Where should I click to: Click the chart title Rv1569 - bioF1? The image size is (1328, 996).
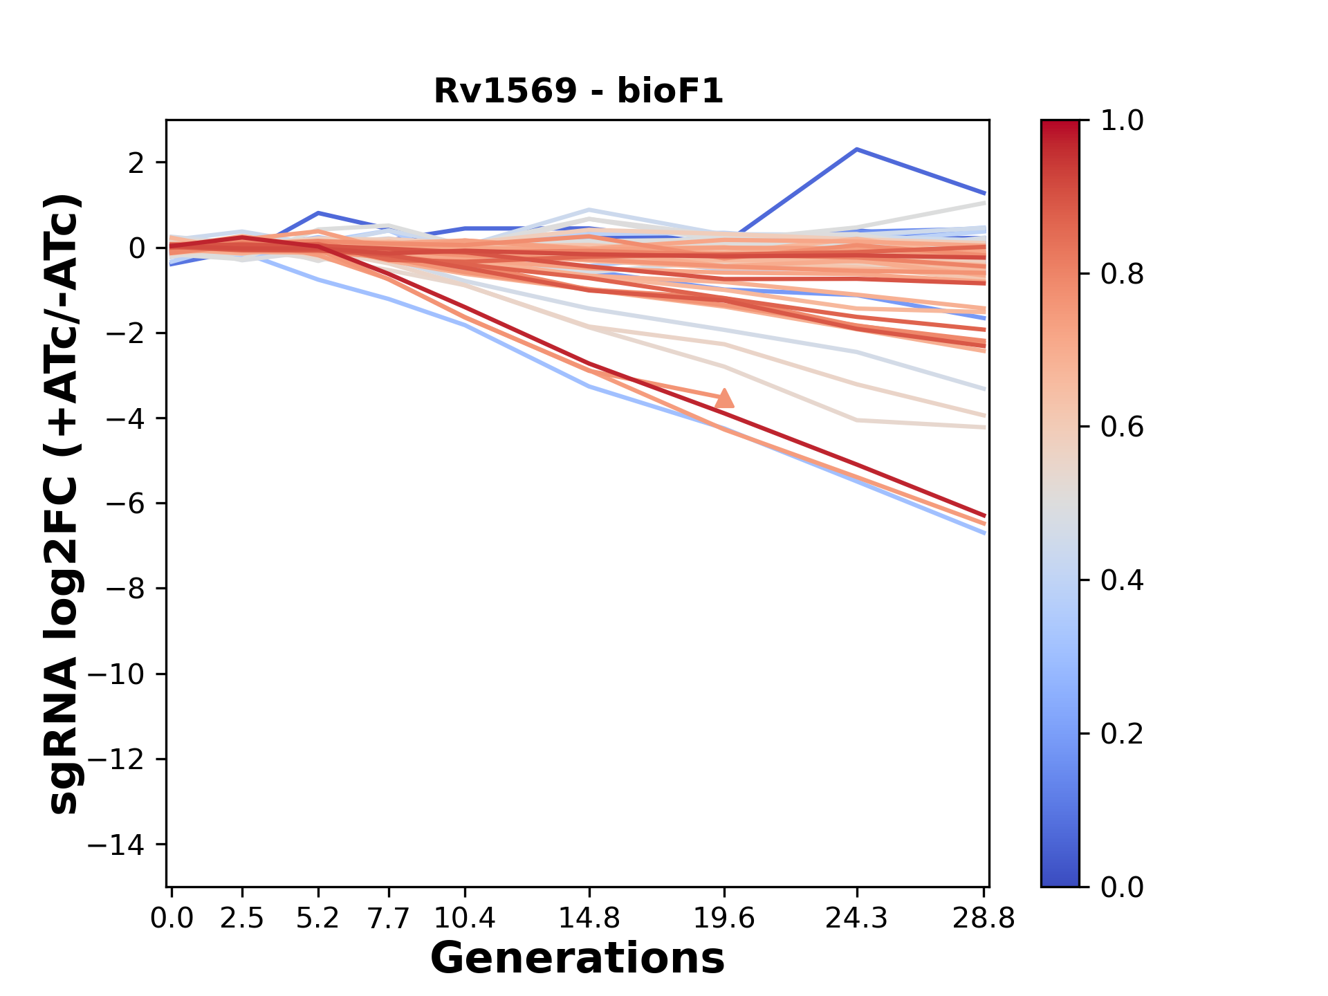(x=578, y=91)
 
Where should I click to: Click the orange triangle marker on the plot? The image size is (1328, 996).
(x=724, y=398)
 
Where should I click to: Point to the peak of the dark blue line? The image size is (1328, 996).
(x=857, y=149)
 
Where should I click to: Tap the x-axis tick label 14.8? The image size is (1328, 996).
(x=589, y=919)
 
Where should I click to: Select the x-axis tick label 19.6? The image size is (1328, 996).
(x=724, y=919)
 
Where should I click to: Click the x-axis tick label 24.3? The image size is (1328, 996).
(x=857, y=919)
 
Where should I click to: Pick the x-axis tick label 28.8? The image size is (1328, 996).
(x=984, y=919)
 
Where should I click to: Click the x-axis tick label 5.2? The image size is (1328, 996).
(x=318, y=919)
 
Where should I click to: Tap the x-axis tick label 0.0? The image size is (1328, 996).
(x=172, y=919)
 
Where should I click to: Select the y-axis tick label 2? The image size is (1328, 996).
(x=137, y=163)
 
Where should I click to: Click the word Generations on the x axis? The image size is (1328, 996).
(x=578, y=959)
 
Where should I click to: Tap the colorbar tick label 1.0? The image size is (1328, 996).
(x=1122, y=121)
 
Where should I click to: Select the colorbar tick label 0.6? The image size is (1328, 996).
(x=1122, y=427)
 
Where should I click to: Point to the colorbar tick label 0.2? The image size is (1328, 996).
(x=1122, y=734)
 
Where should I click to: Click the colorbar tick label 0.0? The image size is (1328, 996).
(x=1122, y=887)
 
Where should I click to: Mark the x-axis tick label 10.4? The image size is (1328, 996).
(x=465, y=919)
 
